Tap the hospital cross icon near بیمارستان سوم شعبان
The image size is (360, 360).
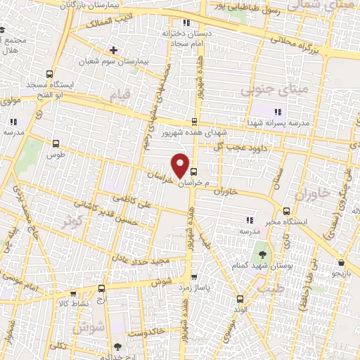coord(113,51)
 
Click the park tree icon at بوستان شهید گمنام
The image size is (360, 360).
coord(262,255)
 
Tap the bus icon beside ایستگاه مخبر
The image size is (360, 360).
coord(286,211)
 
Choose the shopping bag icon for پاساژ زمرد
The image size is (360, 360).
coord(194,277)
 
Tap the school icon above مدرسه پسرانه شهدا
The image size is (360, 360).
coord(277,111)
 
